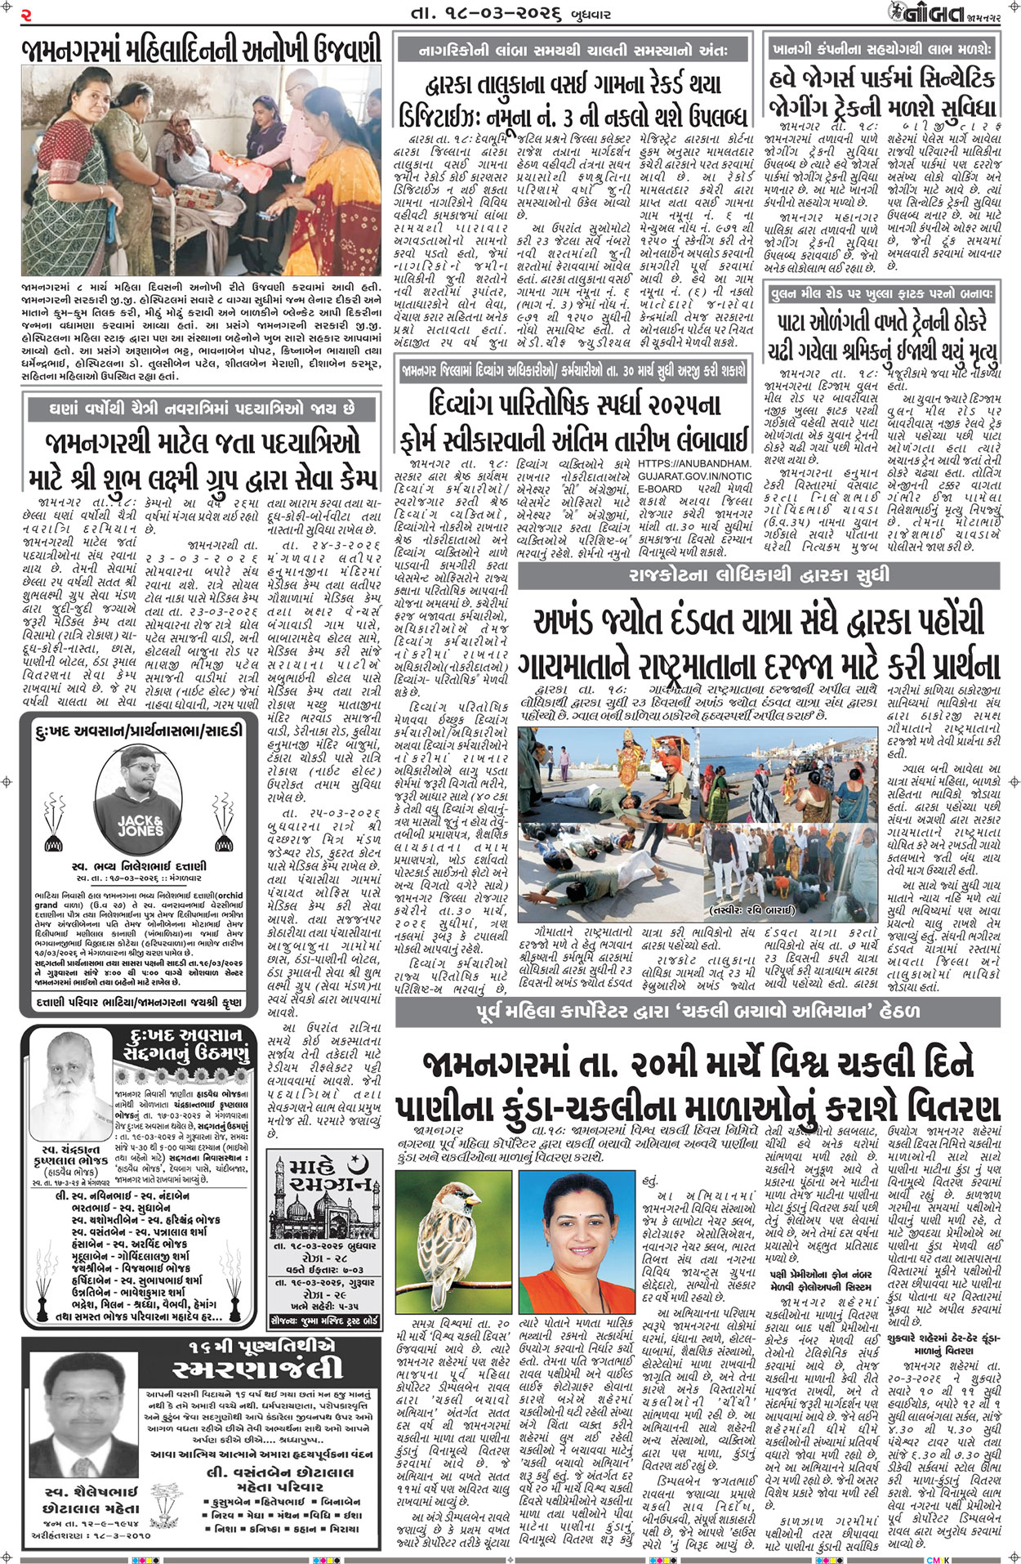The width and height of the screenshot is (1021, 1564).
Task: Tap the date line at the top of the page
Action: click(509, 14)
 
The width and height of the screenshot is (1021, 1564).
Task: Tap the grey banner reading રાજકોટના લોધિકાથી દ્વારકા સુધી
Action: click(759, 574)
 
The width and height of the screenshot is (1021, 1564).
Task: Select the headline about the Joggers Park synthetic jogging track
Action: click(883, 92)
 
